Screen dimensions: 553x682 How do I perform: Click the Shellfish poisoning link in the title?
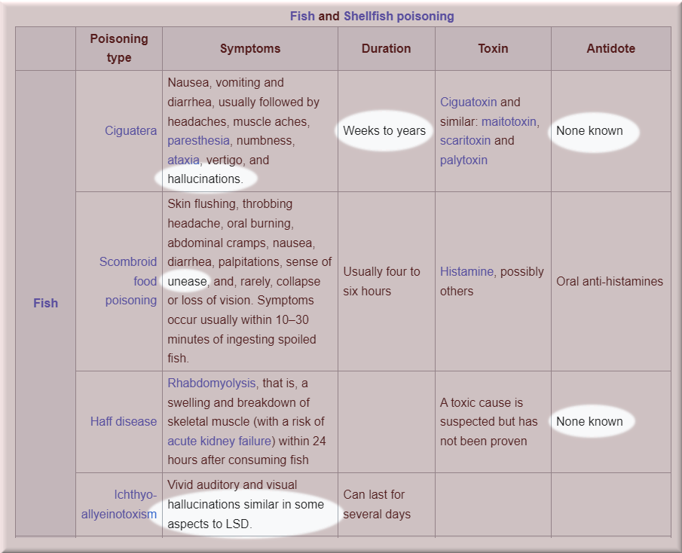(x=399, y=16)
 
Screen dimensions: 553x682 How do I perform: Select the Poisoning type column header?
(x=119, y=47)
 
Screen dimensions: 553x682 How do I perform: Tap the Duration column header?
(x=386, y=48)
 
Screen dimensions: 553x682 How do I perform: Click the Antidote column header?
(x=610, y=48)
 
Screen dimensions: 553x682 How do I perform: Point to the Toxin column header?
(x=493, y=48)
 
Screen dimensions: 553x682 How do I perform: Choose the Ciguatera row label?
(x=130, y=130)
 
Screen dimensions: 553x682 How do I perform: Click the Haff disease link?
(x=124, y=421)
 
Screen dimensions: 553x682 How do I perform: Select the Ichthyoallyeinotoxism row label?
(x=119, y=505)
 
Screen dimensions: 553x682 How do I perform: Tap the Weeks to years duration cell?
(x=384, y=130)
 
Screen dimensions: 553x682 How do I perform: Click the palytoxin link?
(x=463, y=160)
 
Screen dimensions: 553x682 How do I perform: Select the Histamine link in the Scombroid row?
(x=466, y=271)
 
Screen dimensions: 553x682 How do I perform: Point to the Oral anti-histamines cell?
(x=610, y=281)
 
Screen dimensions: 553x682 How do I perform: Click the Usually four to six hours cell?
(x=381, y=281)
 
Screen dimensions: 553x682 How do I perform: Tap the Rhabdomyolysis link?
(x=212, y=383)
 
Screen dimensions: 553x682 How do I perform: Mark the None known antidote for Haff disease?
(x=589, y=421)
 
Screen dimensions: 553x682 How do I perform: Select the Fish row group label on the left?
(x=45, y=303)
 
